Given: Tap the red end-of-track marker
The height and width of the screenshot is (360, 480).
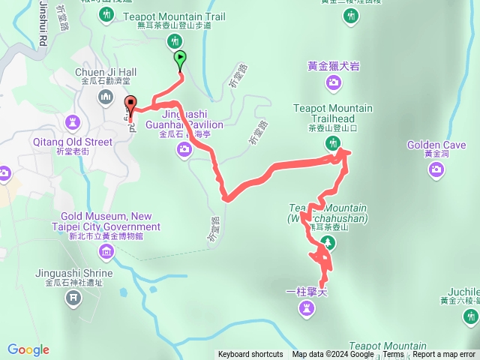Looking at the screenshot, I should pos(131,105).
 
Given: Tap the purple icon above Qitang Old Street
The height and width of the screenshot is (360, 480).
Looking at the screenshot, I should pos(73,121).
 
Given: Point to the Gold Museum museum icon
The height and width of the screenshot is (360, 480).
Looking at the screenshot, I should pos(106,250).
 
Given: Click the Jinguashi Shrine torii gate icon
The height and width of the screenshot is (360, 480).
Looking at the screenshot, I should pos(73,298).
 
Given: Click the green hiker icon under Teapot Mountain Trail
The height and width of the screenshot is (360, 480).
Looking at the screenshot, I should pos(174,40).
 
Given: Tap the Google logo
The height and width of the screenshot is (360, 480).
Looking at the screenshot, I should pos(28,349).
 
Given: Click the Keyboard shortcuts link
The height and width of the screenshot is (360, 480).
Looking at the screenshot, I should pos(250,355).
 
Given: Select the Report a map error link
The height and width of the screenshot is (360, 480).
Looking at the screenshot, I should pos(444,355).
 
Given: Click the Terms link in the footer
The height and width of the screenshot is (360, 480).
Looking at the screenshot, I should pos(393,355).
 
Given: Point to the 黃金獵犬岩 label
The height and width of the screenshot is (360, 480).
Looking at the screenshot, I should pos(334,66).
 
